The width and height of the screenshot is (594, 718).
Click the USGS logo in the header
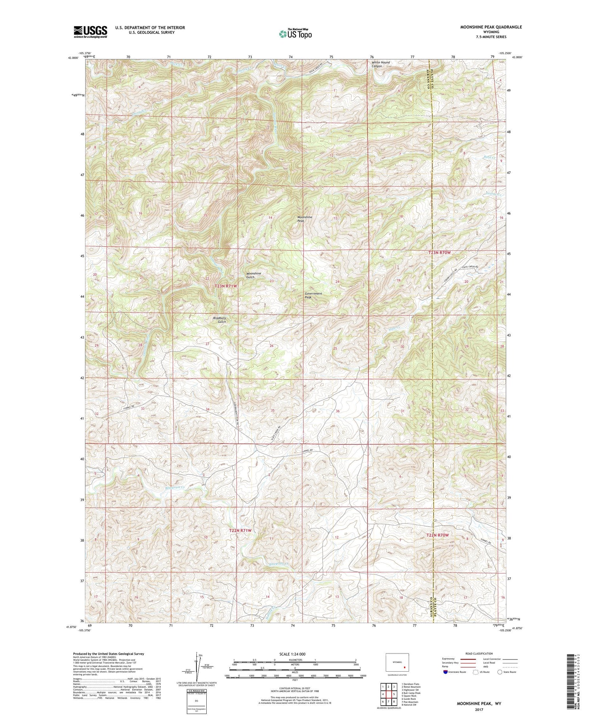[90, 31]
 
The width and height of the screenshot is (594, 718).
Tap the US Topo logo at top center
[295, 34]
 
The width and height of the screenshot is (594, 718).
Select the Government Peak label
[313, 295]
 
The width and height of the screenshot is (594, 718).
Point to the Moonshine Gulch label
[253, 275]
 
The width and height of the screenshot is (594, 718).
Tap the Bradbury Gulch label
[219, 320]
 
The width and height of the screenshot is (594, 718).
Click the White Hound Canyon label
[380, 64]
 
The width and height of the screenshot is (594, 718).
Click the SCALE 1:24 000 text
[295, 654]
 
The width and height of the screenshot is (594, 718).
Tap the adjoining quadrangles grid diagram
[388, 691]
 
